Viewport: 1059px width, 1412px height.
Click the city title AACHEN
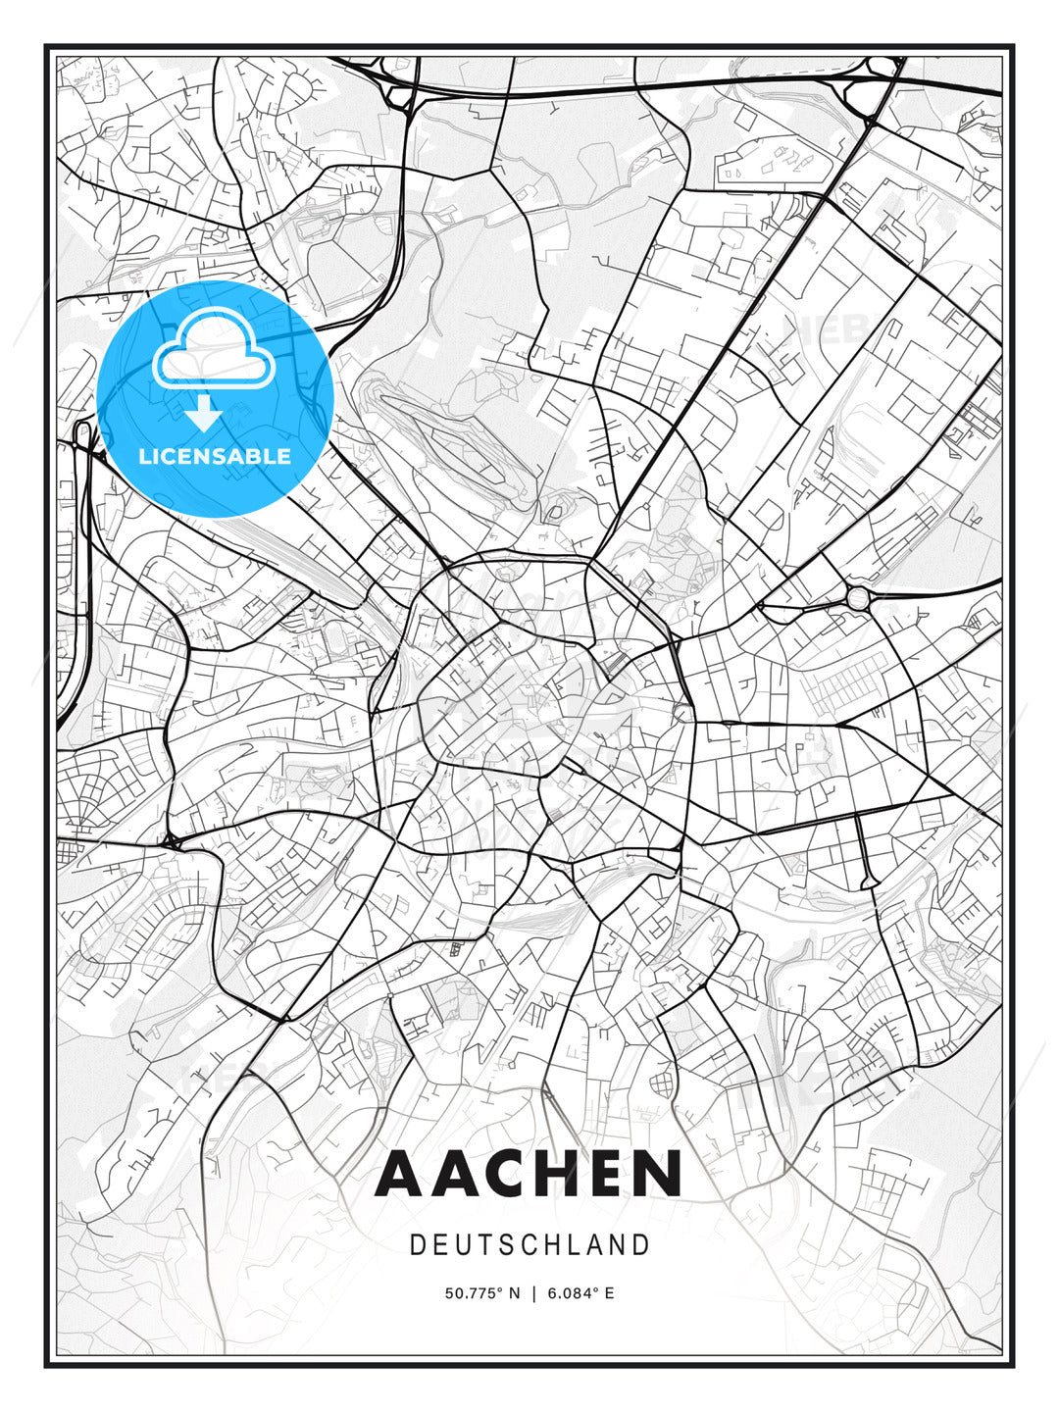529,1174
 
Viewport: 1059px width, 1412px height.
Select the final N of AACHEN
657,1174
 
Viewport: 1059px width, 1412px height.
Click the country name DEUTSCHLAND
529,1245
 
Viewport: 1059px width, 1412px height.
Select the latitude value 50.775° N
481,1293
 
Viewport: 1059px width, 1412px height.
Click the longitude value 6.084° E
581,1293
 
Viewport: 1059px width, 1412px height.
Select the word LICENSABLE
215,456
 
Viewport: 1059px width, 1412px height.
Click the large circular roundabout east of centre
858,598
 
